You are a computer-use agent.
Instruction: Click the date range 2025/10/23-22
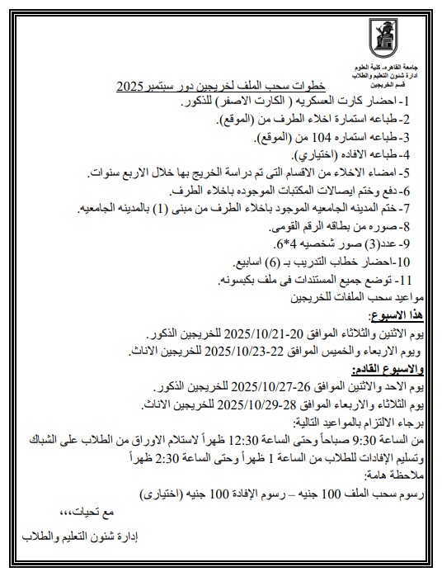(255, 352)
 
